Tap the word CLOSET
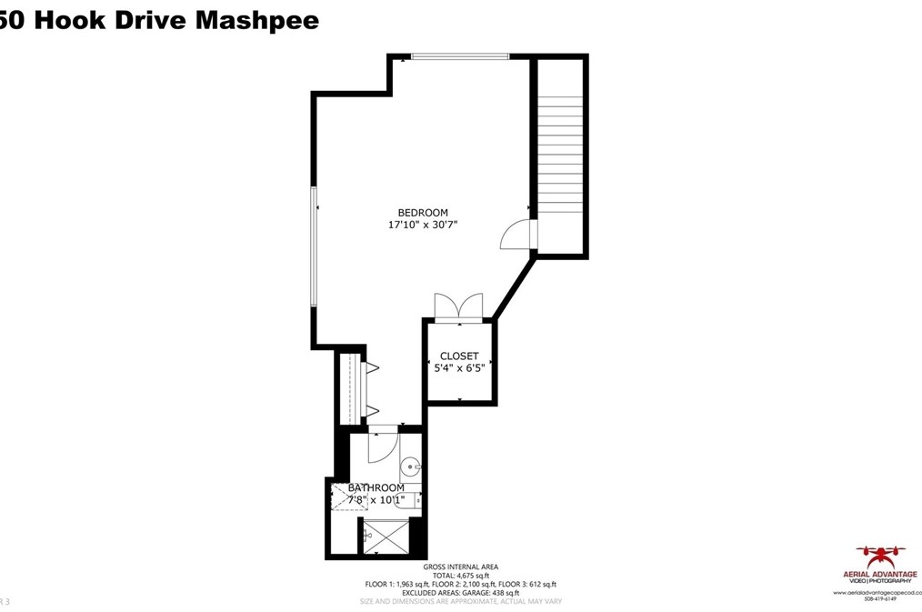point(459,356)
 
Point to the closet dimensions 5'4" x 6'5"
point(459,368)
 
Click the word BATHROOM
point(376,488)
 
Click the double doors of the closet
point(459,307)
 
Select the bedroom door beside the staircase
point(516,236)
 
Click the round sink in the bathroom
point(411,468)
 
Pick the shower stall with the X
point(386,537)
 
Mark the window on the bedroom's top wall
point(459,57)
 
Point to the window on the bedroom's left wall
point(315,246)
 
